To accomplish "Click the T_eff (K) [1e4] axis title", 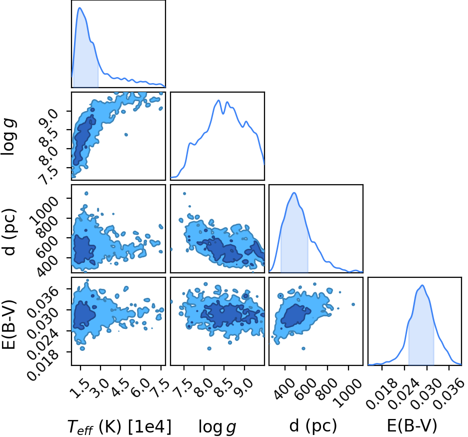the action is pyautogui.click(x=119, y=426).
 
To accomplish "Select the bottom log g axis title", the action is pyautogui.click(x=217, y=427).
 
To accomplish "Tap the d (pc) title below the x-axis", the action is pyautogui.click(x=313, y=425).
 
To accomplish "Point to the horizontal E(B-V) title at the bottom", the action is pyautogui.click(x=412, y=425).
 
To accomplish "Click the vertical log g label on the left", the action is pyautogui.click(x=8, y=137).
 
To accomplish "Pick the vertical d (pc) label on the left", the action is pyautogui.click(x=9, y=232).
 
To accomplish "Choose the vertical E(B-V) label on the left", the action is pyautogui.click(x=8, y=325).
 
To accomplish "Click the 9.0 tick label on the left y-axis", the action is pyautogui.click(x=48, y=118).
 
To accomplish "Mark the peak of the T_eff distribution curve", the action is pyautogui.click(x=79, y=8).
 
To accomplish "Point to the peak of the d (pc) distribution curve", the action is pyautogui.click(x=294, y=193).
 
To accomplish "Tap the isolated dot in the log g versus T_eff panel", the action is pyautogui.click(x=126, y=135).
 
